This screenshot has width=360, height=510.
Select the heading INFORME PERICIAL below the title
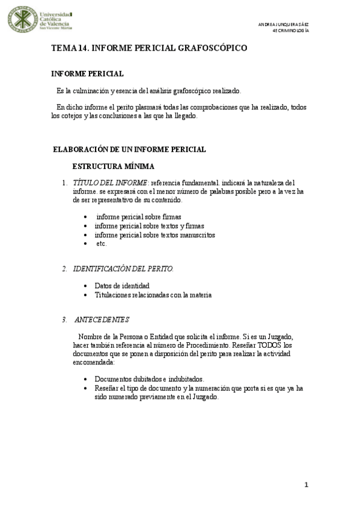click(x=88, y=73)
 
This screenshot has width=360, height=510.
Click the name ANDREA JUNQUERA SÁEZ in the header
click(x=283, y=24)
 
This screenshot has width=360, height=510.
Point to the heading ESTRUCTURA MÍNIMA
click(x=114, y=166)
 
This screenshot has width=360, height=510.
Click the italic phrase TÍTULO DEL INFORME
click(x=110, y=182)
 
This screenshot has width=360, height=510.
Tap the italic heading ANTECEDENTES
click(x=102, y=319)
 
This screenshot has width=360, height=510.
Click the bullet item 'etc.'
click(x=101, y=244)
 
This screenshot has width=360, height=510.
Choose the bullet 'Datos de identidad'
click(x=122, y=286)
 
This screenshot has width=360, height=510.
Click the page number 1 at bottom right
click(x=306, y=485)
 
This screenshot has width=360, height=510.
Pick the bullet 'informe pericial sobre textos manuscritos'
click(x=155, y=235)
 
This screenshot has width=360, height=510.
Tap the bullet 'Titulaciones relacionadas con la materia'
click(x=153, y=295)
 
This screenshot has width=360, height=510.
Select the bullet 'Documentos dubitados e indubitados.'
click(x=150, y=379)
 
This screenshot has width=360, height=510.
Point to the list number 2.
click(x=64, y=268)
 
